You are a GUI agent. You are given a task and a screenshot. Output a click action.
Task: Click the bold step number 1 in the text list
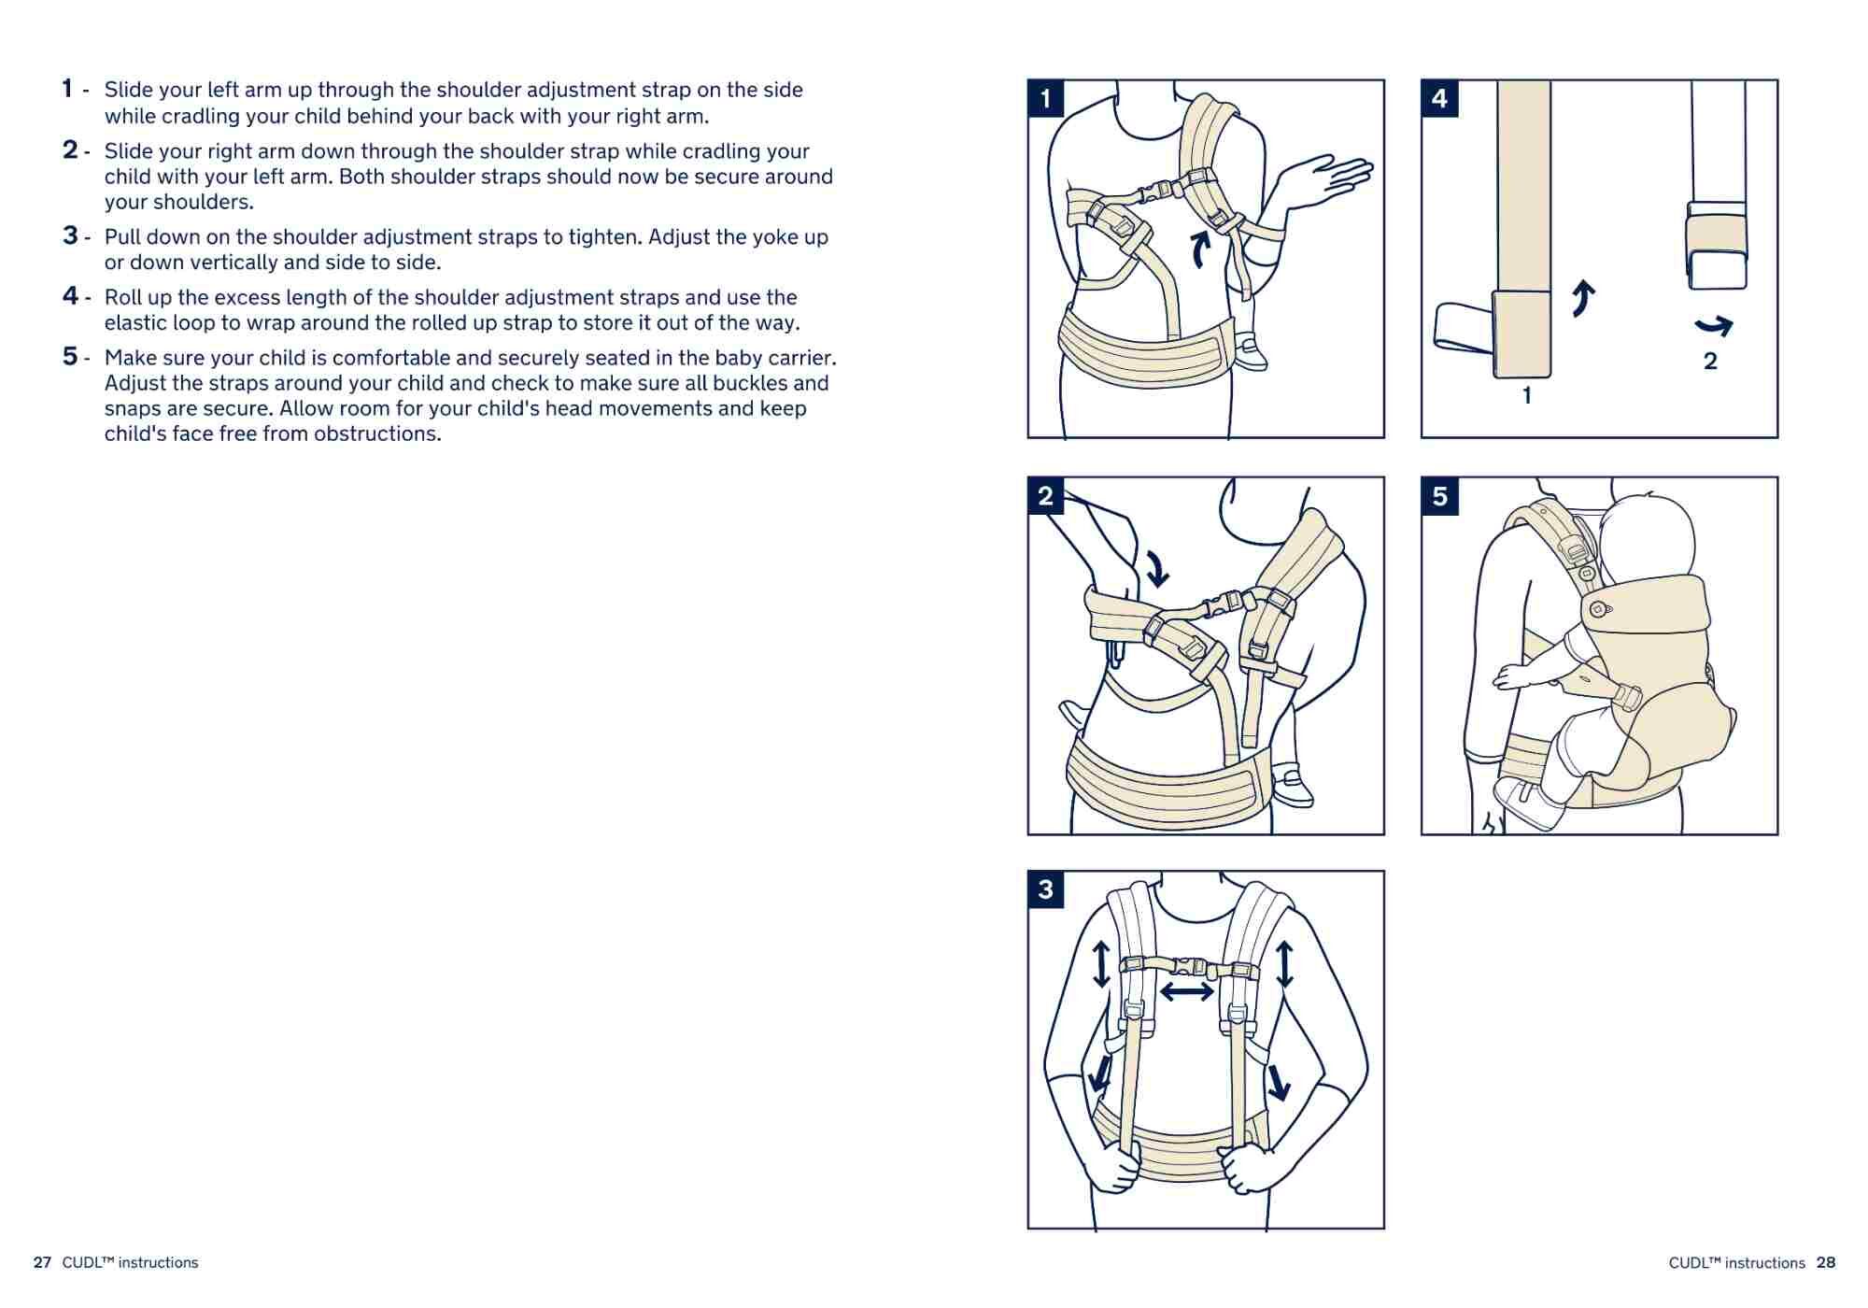(67, 89)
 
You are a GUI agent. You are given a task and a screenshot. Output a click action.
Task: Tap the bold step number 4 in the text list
(70, 296)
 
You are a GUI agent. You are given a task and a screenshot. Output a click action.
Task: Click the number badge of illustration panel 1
(1045, 98)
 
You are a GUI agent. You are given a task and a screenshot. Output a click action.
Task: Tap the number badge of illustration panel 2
(1045, 496)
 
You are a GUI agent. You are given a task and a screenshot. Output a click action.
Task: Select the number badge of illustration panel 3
(1045, 889)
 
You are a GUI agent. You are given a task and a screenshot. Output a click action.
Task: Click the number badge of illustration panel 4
(1439, 98)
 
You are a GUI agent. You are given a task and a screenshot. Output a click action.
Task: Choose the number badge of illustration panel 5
(1439, 496)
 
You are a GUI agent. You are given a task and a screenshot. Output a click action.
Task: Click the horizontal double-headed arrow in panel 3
(1186, 991)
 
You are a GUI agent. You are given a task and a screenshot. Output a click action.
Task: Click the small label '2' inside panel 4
(1710, 362)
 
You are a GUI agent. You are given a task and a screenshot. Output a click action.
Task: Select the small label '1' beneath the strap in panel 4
(1527, 396)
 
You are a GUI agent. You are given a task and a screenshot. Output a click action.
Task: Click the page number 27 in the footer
(42, 1263)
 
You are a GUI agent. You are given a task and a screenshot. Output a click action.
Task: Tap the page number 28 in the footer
(1826, 1263)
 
